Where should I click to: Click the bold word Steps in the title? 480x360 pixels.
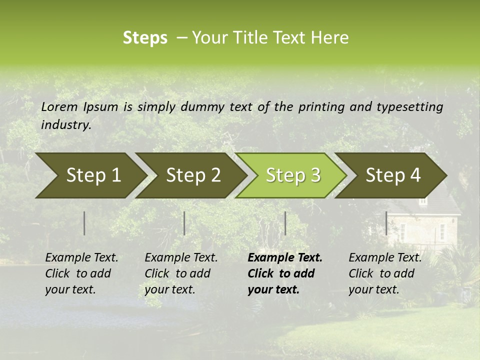click(145, 38)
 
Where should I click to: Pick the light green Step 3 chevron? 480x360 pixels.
click(293, 175)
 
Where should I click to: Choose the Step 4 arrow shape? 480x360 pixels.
click(393, 175)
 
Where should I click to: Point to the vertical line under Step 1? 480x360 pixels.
click(84, 223)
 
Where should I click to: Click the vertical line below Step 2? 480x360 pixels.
click(184, 223)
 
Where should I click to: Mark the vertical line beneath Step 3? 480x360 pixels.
click(285, 223)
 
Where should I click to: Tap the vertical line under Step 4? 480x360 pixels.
click(386, 223)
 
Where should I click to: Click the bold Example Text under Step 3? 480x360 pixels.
click(285, 258)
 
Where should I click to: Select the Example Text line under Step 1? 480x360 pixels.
click(81, 258)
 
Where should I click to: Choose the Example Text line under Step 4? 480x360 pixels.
click(385, 258)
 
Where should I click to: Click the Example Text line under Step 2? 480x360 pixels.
click(181, 258)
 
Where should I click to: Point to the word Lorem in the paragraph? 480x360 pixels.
click(59, 106)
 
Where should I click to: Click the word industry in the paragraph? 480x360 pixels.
click(65, 124)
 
